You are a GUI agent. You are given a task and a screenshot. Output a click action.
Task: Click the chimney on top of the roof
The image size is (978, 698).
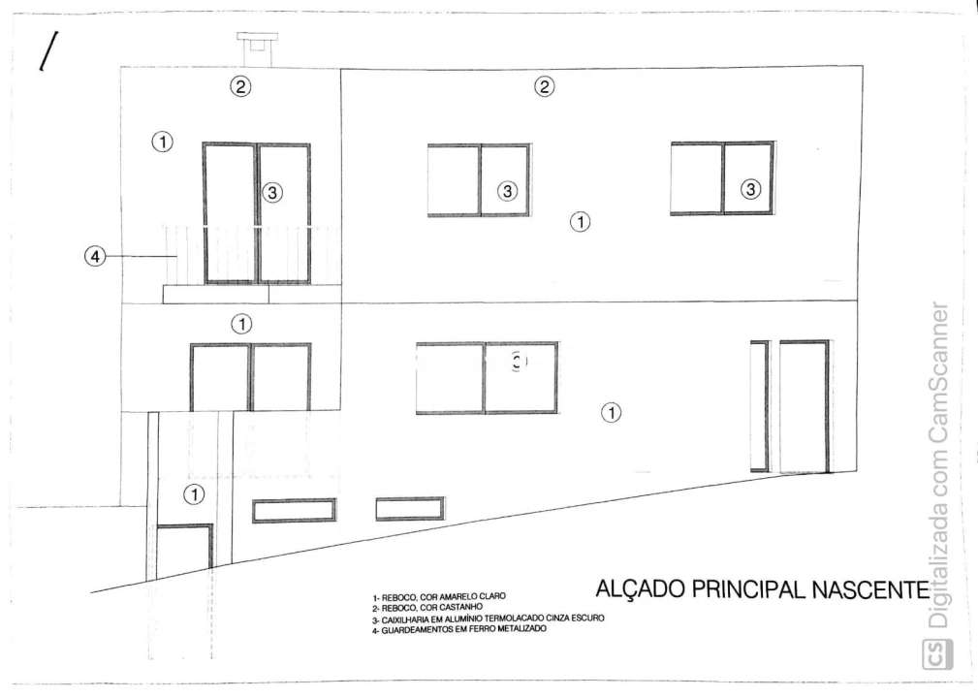pyautogui.click(x=256, y=48)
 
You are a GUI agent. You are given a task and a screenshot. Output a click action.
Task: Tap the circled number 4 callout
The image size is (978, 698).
pyautogui.click(x=94, y=257)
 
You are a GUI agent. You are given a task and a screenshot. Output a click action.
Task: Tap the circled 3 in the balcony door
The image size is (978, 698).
pyautogui.click(x=273, y=193)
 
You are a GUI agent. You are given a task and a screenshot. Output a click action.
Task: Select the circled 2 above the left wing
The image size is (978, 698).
pyautogui.click(x=239, y=86)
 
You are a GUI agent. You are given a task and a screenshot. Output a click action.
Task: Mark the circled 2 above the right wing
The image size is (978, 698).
pyautogui.click(x=545, y=86)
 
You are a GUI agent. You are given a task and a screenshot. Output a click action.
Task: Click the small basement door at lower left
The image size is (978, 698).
pyautogui.click(x=184, y=552)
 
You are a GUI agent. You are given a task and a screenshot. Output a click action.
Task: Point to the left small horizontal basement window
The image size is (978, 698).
pyautogui.click(x=294, y=510)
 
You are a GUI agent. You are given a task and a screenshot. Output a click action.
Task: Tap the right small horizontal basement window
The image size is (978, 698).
pyautogui.click(x=409, y=508)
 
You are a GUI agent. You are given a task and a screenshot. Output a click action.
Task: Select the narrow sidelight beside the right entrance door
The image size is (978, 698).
pyautogui.click(x=759, y=405)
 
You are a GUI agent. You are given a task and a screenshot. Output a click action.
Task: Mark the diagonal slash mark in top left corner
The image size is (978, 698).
pyautogui.click(x=45, y=51)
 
